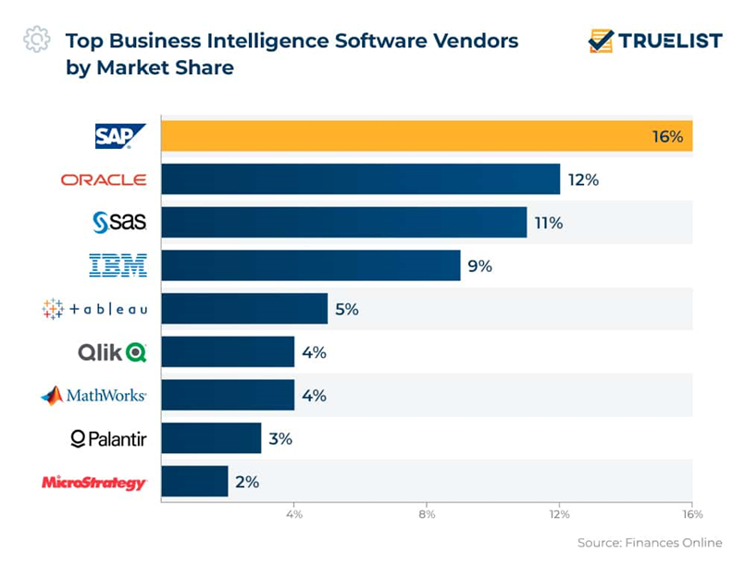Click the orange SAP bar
[x=426, y=137]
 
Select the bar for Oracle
[x=360, y=179]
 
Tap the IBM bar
[x=310, y=265]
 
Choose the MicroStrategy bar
[x=194, y=482]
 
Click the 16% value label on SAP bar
[x=666, y=137]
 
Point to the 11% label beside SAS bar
[x=547, y=223]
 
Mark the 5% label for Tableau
[x=347, y=309]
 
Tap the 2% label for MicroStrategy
[x=247, y=482]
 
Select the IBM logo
[x=118, y=266]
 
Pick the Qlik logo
[x=112, y=352]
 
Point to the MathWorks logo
[x=93, y=396]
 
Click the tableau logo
[x=94, y=309]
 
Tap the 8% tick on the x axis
[x=427, y=513]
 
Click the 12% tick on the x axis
[x=559, y=513]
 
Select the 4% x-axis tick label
[x=293, y=513]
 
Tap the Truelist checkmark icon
[x=602, y=41]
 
